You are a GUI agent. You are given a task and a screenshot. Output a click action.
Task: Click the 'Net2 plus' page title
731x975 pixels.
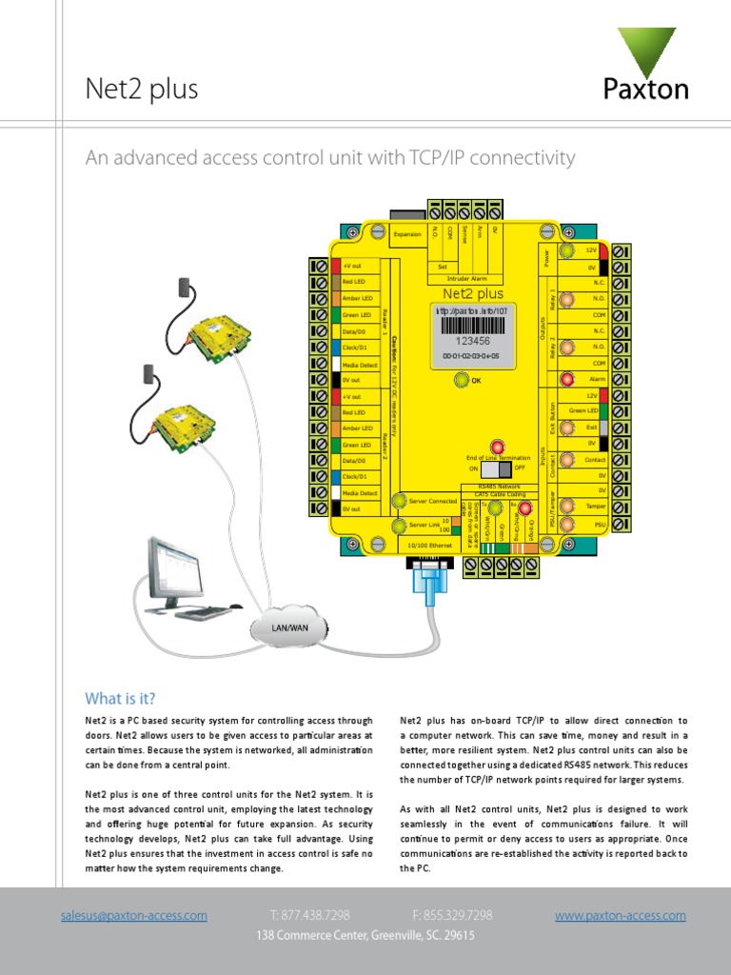tap(142, 90)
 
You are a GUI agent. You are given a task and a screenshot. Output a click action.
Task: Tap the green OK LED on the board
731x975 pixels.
tap(462, 381)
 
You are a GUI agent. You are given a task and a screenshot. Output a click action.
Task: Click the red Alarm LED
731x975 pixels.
tap(567, 380)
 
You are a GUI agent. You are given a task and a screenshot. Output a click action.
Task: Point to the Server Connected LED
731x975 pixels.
tap(401, 501)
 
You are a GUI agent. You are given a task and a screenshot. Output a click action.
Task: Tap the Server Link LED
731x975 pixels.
tap(401, 525)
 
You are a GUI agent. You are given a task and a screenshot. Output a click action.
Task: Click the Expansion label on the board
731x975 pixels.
tap(407, 234)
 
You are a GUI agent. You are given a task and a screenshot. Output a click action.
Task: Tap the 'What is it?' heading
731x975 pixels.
tap(120, 698)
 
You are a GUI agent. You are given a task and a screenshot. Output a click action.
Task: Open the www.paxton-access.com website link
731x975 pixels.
tap(620, 915)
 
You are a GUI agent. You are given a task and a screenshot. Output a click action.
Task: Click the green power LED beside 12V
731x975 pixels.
tap(567, 250)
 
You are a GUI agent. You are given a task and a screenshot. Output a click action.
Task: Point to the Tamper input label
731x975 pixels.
tap(596, 507)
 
